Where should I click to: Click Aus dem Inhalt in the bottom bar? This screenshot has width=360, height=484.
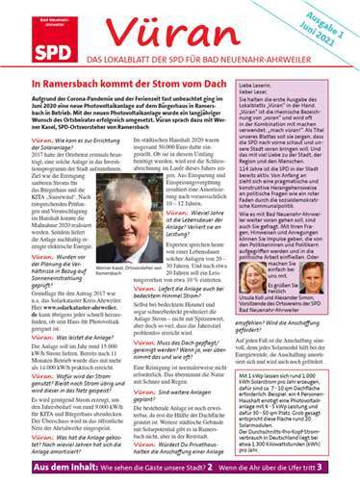tap(38, 466)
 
